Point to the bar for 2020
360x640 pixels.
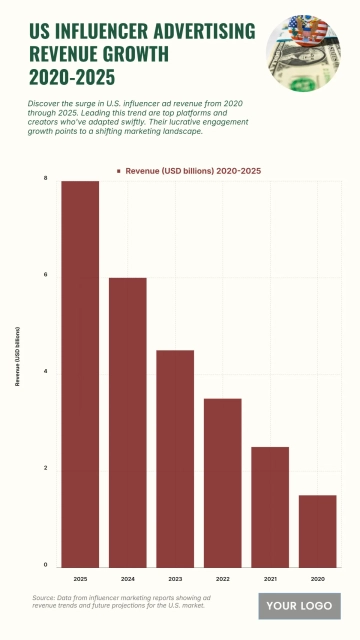(317, 530)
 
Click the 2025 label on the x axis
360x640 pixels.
(80, 579)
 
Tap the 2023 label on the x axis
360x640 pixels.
(175, 579)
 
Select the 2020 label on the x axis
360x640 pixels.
(317, 579)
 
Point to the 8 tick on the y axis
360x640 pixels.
(45, 178)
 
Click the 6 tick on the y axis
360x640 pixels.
(45, 275)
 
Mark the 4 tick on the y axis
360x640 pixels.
(45, 372)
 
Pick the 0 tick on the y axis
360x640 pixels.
(45, 566)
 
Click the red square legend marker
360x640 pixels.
(119, 172)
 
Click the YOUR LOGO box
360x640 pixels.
(299, 606)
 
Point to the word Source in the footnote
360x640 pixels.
(45, 596)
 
